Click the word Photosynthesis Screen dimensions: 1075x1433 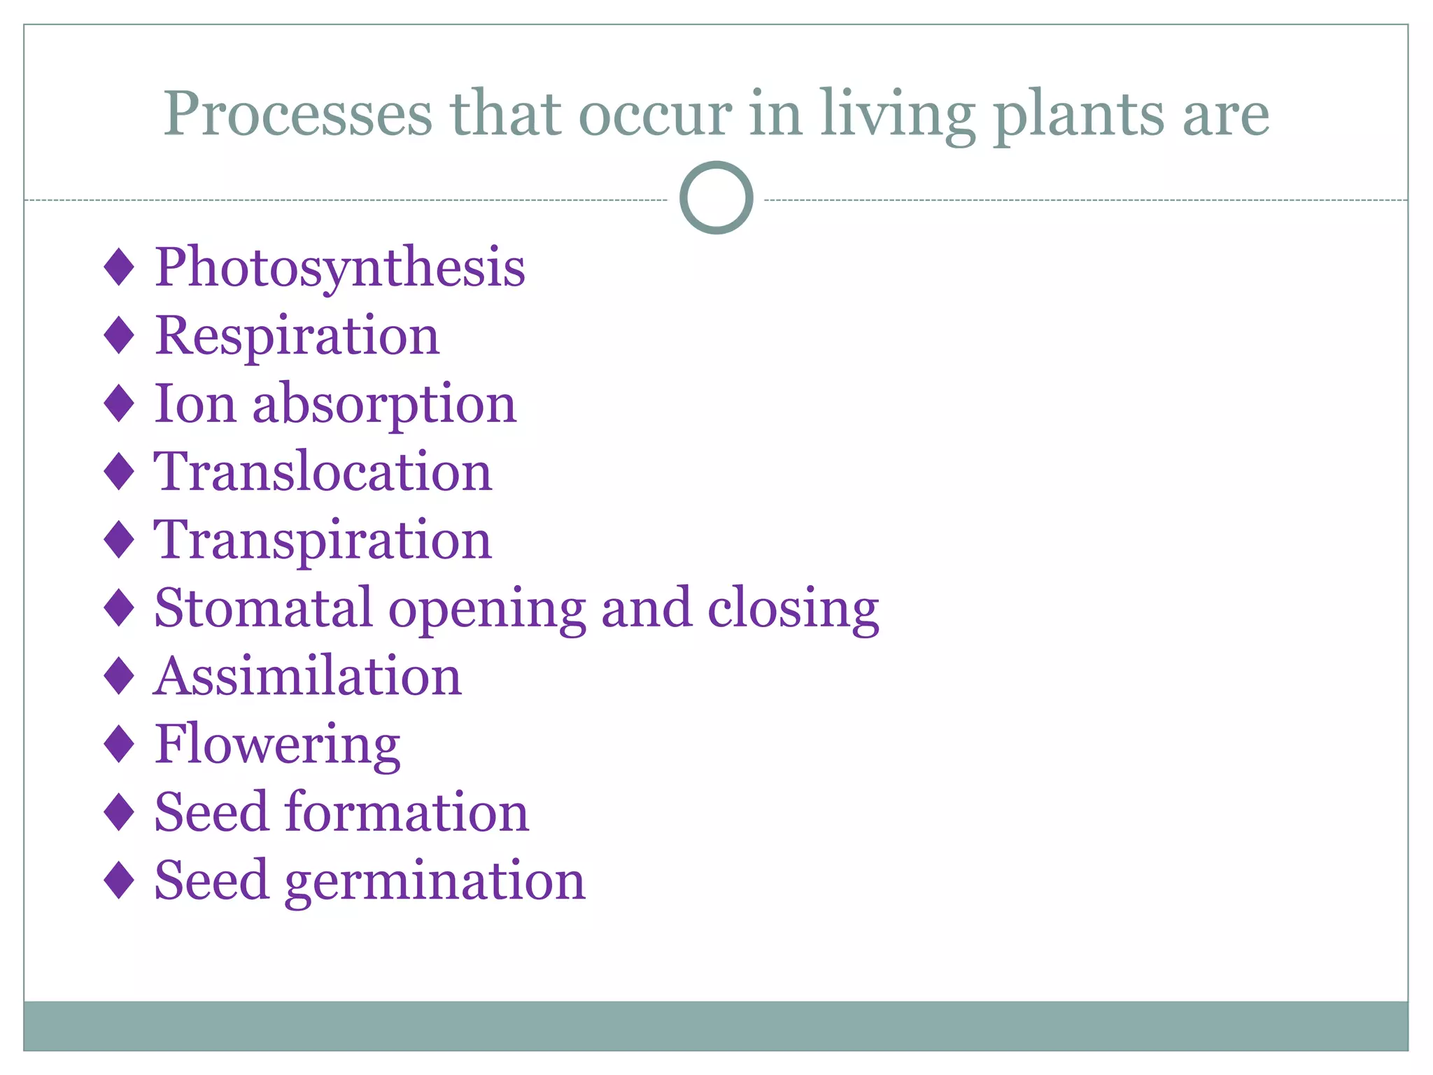point(339,268)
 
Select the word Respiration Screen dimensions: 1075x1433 point(297,336)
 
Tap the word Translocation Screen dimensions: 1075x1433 point(323,472)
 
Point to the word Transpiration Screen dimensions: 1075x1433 point(323,540)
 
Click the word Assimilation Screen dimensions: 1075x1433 point(308,676)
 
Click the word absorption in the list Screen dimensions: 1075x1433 point(384,405)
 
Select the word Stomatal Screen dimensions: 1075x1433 point(262,608)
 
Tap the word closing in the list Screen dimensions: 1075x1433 point(793,608)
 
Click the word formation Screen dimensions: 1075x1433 point(407,812)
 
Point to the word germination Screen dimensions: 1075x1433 point(435,880)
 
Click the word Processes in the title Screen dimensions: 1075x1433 point(298,113)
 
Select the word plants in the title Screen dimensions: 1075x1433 point(1079,115)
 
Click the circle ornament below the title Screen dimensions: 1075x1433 point(716,198)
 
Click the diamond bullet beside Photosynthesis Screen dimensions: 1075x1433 point(118,267)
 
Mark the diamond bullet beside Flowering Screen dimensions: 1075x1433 point(118,744)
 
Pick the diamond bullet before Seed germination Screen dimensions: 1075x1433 point(118,880)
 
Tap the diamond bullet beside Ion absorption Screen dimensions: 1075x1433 point(118,404)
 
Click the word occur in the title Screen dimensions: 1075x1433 point(656,115)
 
